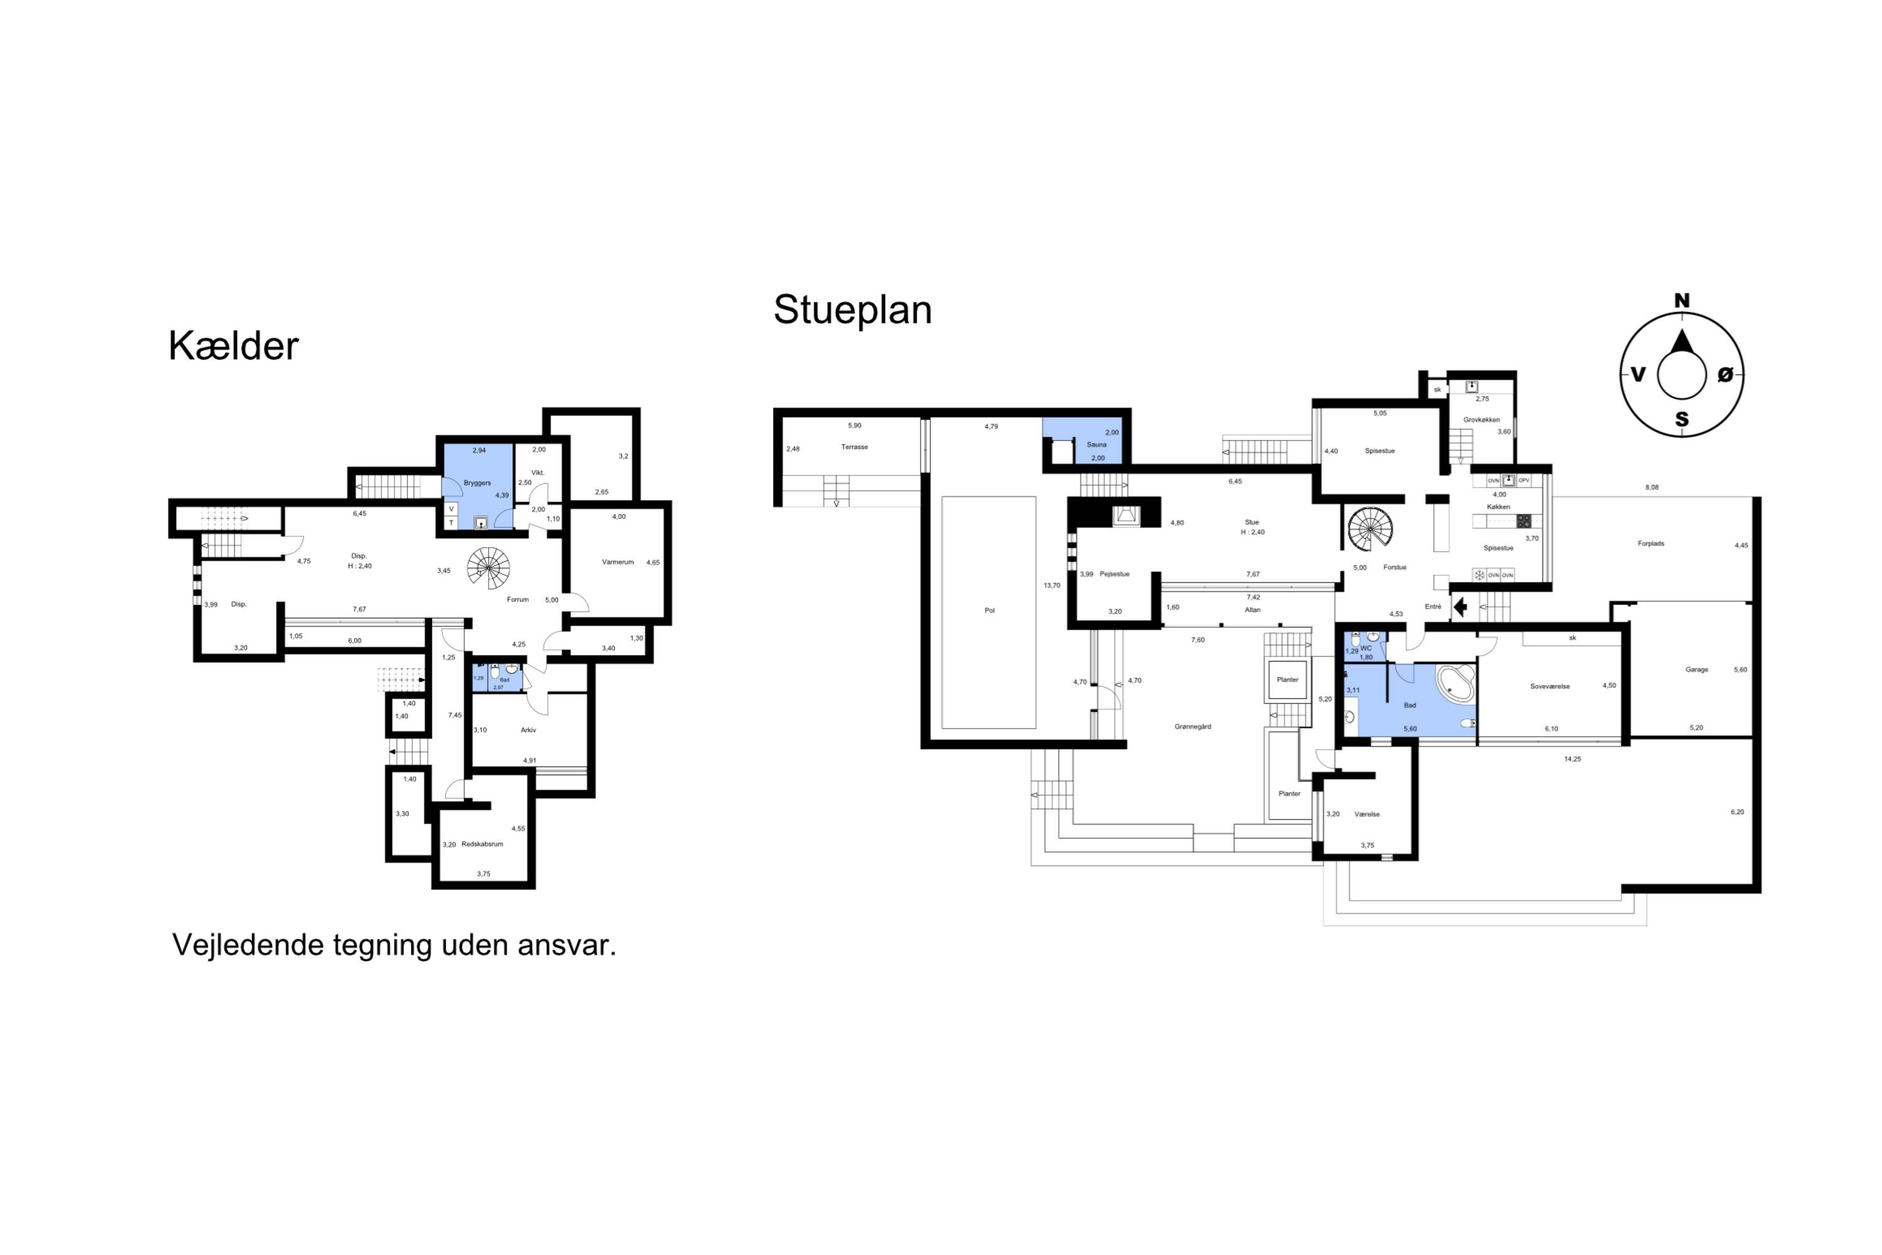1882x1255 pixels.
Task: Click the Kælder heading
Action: (233, 346)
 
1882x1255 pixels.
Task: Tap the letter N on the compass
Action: (1681, 301)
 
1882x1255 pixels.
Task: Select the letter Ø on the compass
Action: (1725, 375)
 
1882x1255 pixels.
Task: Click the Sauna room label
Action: (1096, 445)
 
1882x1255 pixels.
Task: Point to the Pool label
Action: (989, 611)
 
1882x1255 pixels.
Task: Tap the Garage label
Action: (1696, 670)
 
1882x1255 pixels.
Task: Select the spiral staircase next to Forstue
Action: (1370, 529)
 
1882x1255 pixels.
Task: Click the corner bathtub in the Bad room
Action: (1456, 683)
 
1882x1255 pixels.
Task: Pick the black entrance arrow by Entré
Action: (1460, 607)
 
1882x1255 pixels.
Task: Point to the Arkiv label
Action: (528, 730)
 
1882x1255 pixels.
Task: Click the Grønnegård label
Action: (1193, 727)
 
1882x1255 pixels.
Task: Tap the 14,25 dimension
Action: (1572, 759)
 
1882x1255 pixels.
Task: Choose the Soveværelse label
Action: (1550, 686)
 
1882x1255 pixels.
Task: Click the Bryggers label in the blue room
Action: (477, 483)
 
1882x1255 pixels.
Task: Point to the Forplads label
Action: (1651, 544)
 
